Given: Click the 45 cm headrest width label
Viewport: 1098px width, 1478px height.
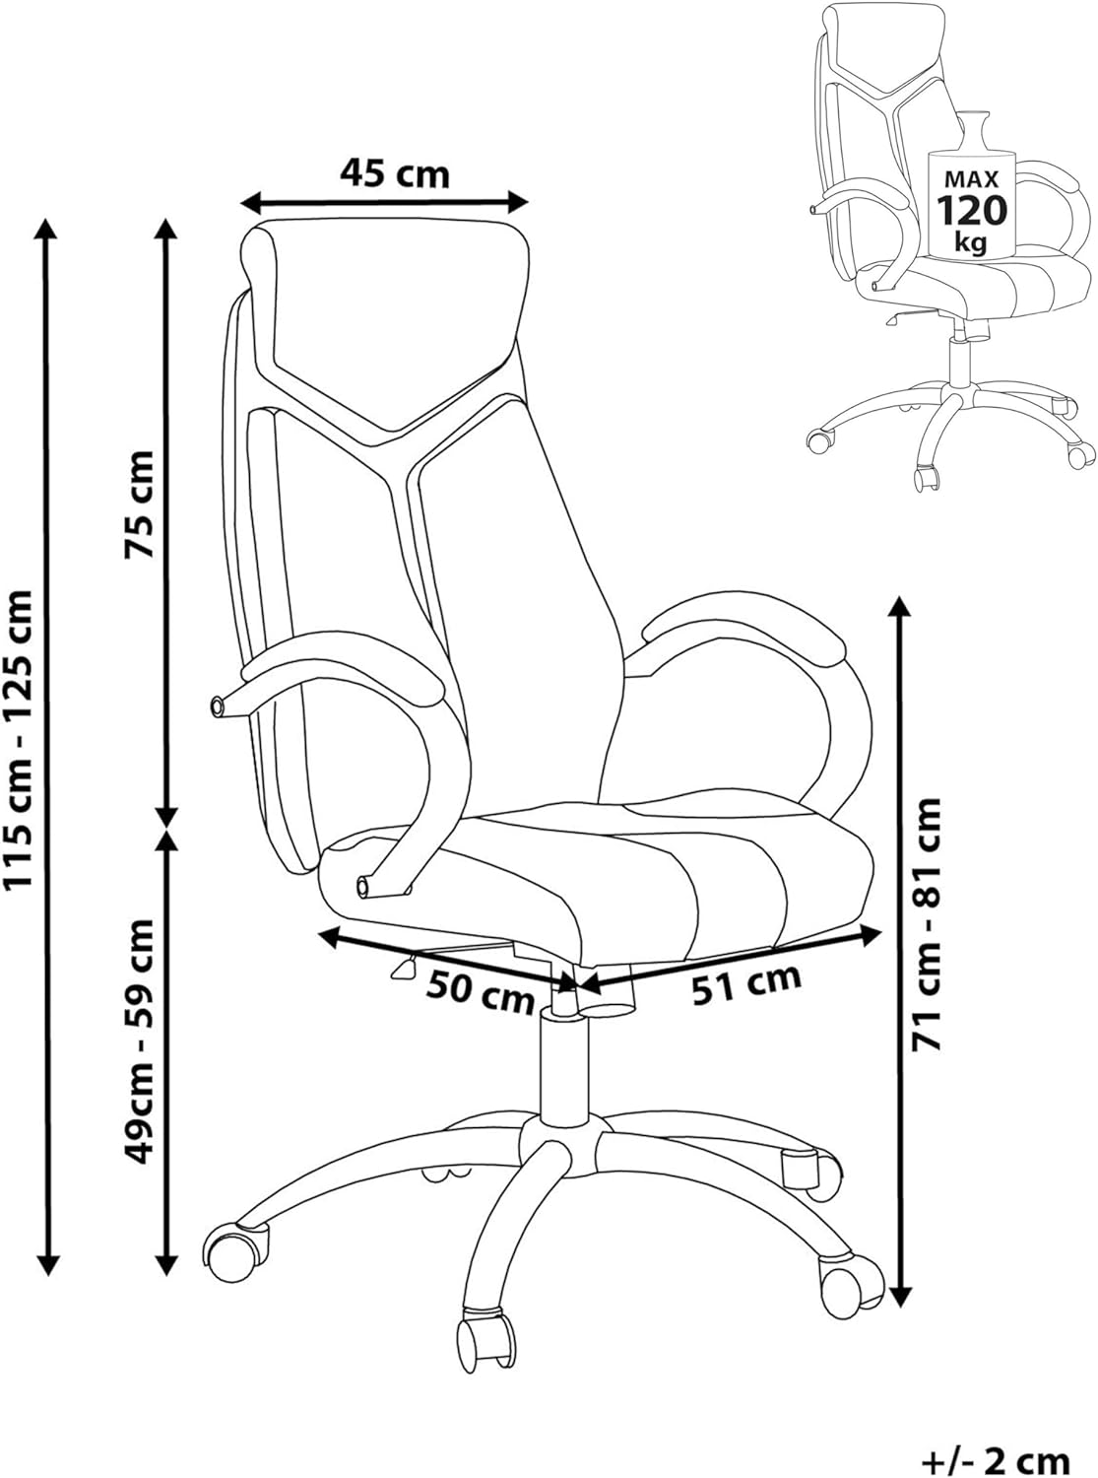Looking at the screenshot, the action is pyautogui.click(x=395, y=174).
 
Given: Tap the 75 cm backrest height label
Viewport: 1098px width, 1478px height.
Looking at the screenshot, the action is pyautogui.click(x=139, y=504).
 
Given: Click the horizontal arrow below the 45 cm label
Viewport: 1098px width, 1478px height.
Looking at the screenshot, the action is pyautogui.click(x=384, y=201).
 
